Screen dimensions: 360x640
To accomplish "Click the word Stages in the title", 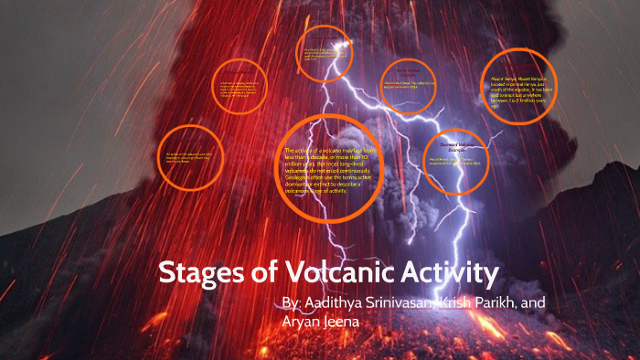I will click(197, 273).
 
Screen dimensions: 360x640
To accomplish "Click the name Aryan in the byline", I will click(308, 323).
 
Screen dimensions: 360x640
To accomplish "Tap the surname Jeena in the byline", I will click(357, 323).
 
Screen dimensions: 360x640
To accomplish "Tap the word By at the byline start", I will click(291, 302).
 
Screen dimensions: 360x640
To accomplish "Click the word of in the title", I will click(260, 273).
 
